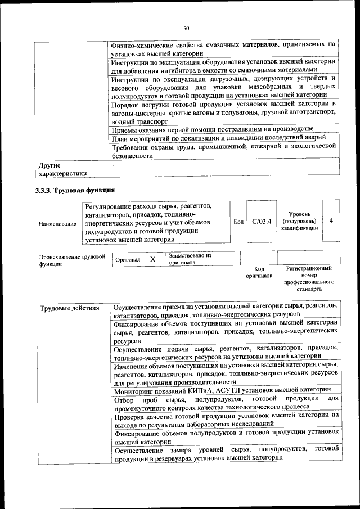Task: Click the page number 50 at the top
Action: point(186,28)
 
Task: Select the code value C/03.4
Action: point(262,222)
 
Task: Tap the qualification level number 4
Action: point(331,221)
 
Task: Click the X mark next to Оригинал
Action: point(152,260)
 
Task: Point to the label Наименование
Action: point(58,224)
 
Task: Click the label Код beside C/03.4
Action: point(238,222)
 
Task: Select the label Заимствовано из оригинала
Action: point(190,259)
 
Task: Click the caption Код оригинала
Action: point(259,272)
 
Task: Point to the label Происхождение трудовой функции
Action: point(72,260)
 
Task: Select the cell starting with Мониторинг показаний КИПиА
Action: point(222,390)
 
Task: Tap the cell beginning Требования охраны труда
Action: point(223,150)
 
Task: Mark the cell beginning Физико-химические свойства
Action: point(223,48)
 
